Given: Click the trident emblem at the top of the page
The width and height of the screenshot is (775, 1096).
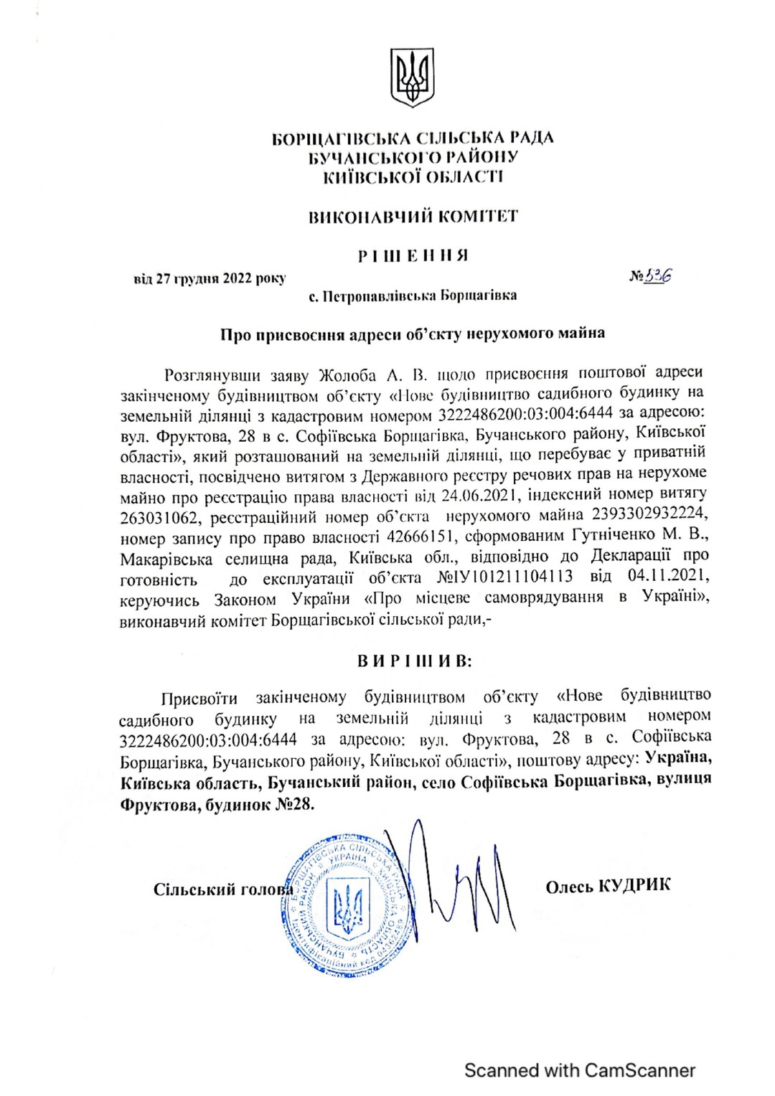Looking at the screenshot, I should click(412, 77).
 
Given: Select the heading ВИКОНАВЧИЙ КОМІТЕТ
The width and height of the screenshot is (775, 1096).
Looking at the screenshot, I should click(413, 216).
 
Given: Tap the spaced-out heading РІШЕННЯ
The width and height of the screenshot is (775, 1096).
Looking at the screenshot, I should click(413, 255).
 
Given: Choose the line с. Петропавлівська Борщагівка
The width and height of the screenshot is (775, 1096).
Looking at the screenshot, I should click(413, 296).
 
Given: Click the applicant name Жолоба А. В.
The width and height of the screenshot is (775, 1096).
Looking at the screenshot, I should click(372, 374).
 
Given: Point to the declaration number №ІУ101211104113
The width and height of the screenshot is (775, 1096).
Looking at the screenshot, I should click(505, 577).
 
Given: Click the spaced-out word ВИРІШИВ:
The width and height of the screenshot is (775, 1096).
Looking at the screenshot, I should click(414, 661).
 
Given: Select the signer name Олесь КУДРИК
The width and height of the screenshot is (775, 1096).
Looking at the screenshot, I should click(608, 886).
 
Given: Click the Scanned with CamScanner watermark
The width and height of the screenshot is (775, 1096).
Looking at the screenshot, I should click(580, 1070).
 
